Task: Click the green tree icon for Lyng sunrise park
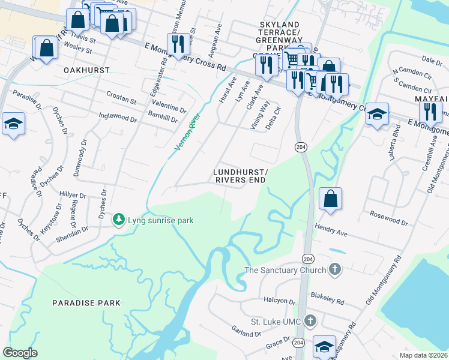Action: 119,220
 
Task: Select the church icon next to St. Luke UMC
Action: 310,321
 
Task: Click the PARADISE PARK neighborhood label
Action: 86,303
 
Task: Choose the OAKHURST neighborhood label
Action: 87,70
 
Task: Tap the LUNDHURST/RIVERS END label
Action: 241,176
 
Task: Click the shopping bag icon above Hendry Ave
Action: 330,199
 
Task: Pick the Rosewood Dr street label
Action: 388,218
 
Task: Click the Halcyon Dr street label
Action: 279,301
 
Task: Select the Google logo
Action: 20,353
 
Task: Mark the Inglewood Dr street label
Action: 118,117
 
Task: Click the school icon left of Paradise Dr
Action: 13,124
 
